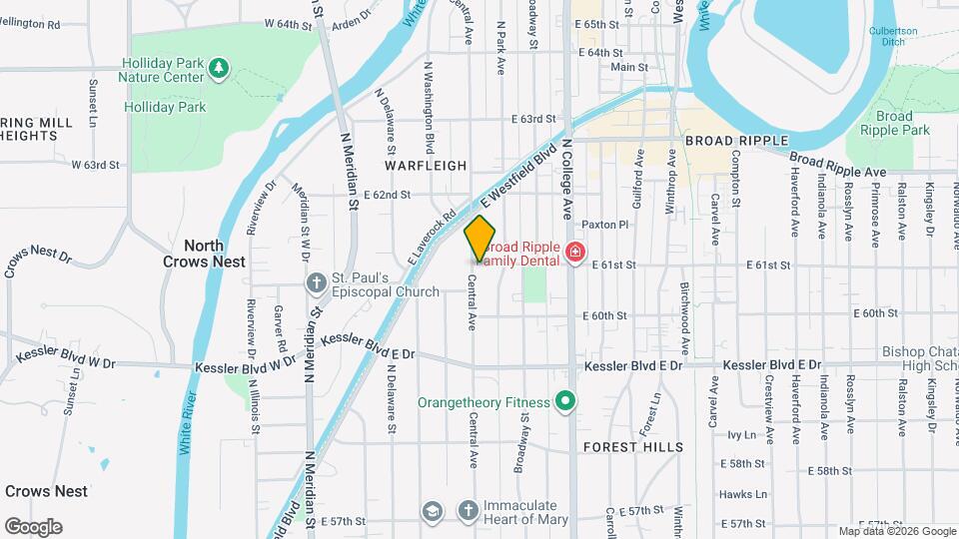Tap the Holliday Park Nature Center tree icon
tap(219, 68)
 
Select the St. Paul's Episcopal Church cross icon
tap(316, 283)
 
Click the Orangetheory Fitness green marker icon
tap(564, 402)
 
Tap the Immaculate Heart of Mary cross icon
tap(468, 511)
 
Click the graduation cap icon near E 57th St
tap(432, 511)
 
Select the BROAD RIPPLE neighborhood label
tap(736, 141)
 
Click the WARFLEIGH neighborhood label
tap(427, 165)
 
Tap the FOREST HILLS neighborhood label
tap(632, 446)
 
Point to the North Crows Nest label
tap(204, 254)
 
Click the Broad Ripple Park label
tap(894, 123)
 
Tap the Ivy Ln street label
tap(741, 434)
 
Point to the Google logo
tap(33, 526)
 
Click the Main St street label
tap(629, 67)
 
